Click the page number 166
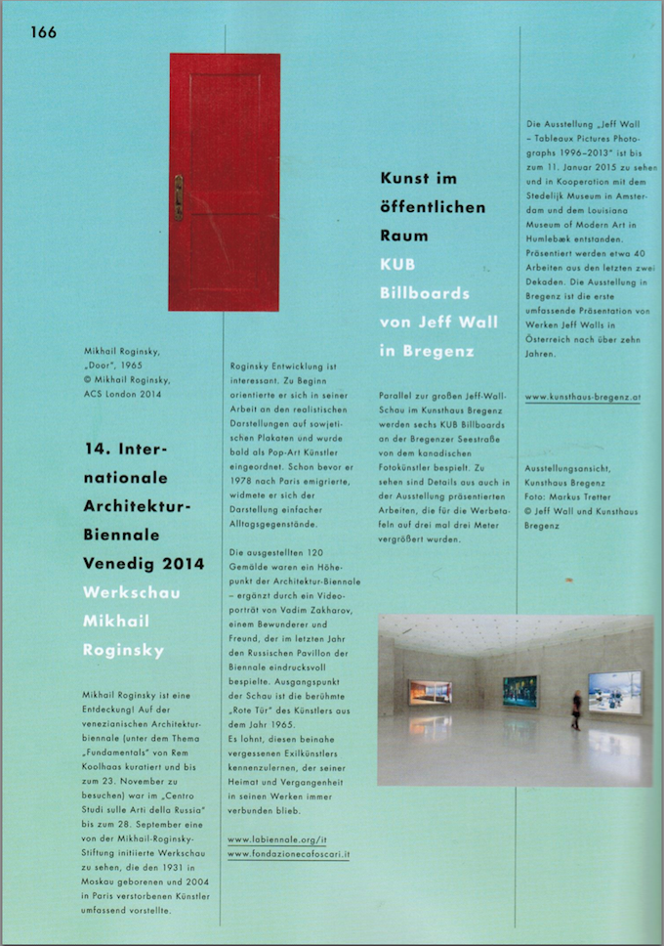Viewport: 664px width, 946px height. point(44,32)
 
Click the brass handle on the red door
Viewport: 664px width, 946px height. point(179,195)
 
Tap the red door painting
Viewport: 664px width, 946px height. point(225,182)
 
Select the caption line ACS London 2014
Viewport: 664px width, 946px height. point(128,394)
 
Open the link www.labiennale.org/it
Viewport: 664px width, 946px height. point(278,838)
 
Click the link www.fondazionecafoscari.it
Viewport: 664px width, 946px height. point(289,854)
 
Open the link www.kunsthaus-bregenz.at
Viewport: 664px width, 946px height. point(582,397)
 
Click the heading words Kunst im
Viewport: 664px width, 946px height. point(417,178)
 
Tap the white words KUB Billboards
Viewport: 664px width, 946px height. point(424,279)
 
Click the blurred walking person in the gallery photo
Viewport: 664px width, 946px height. point(576,710)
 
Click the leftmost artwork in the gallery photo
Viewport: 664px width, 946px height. point(430,693)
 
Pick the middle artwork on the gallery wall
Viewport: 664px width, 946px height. point(519,691)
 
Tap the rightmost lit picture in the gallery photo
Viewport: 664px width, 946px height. point(614,692)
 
